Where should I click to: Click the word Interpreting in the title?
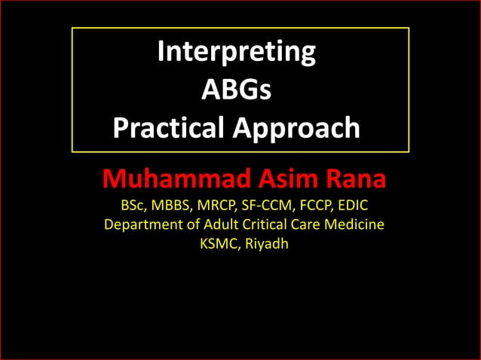[x=237, y=52]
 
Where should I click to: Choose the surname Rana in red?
[x=355, y=180]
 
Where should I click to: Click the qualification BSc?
[x=135, y=205]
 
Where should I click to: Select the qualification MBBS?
[x=176, y=205]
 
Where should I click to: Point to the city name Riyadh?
[x=262, y=244]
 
